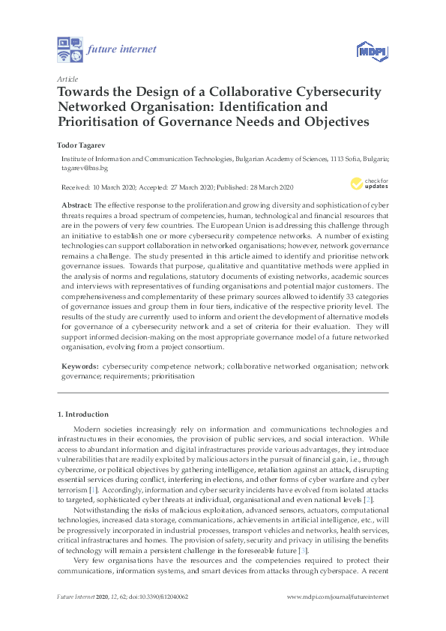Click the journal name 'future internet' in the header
click(x=121, y=49)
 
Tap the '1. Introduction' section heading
click(x=83, y=414)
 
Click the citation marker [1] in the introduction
click(x=93, y=489)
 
